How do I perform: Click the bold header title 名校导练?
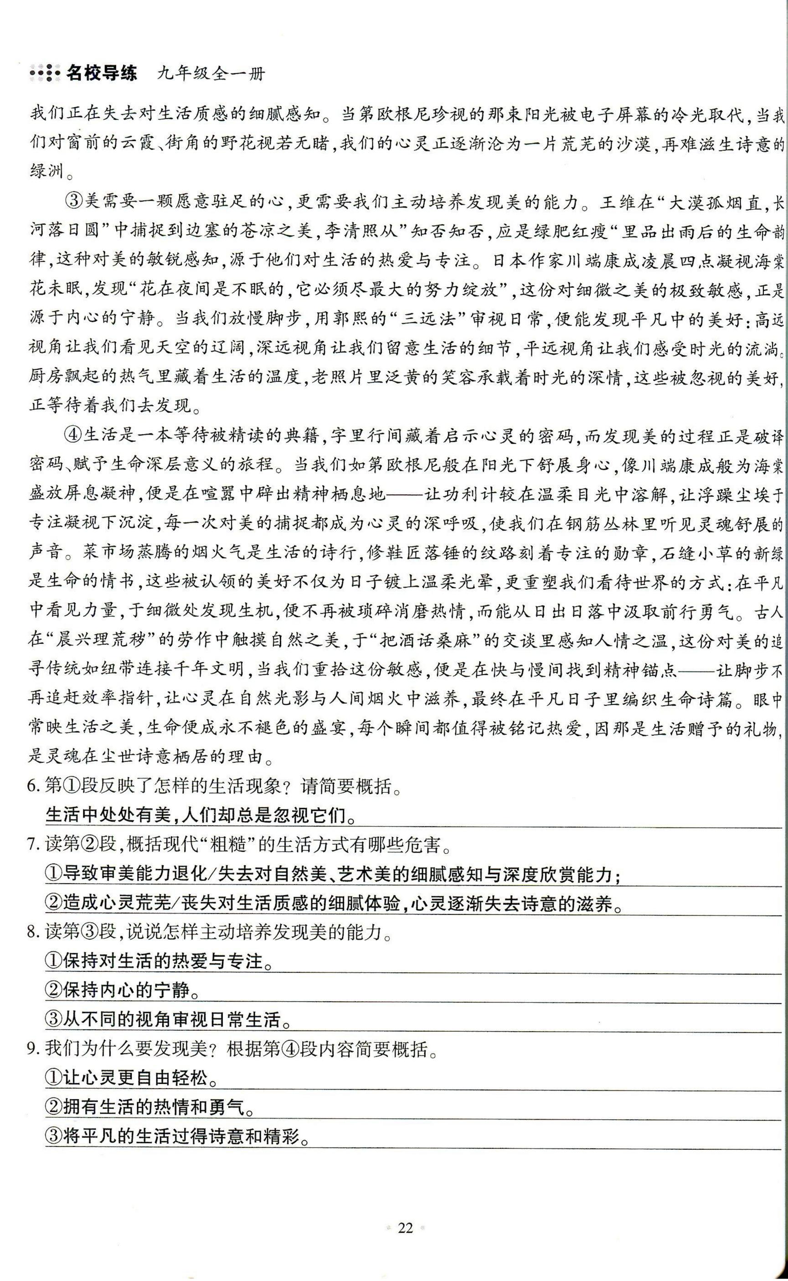[x=101, y=73]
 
